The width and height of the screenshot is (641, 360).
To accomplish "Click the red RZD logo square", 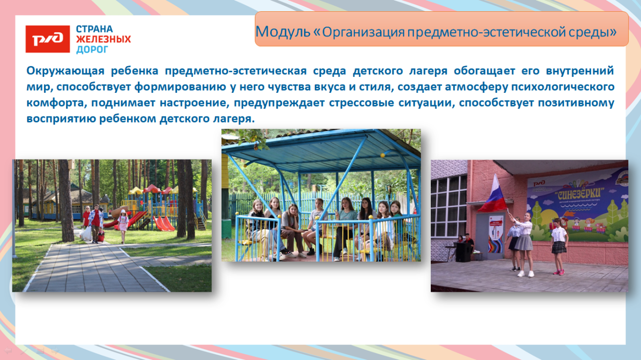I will pyautogui.click(x=47, y=39).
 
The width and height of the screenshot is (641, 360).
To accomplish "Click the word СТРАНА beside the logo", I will pyautogui.click(x=94, y=29).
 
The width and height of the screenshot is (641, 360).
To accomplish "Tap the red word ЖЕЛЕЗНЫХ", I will pyautogui.click(x=103, y=39).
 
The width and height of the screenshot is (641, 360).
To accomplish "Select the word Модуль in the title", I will pyautogui.click(x=282, y=32).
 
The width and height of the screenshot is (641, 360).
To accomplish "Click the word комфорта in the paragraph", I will pyautogui.click(x=56, y=103).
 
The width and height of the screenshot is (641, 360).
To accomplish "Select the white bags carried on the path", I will pyautogui.click(x=86, y=234).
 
